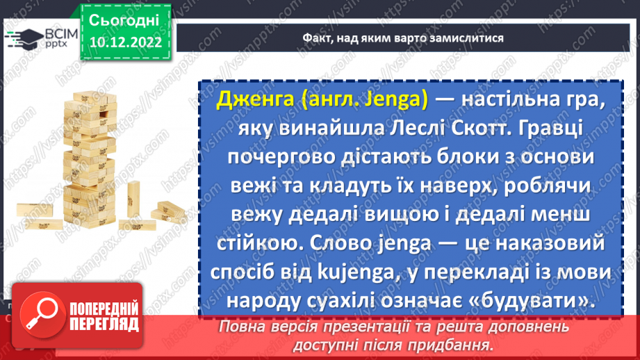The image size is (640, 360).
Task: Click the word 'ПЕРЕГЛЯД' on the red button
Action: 104,325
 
